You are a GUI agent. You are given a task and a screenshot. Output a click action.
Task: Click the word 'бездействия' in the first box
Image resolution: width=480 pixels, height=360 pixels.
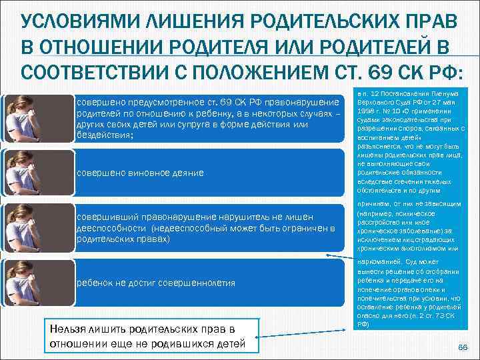(x=105, y=135)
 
